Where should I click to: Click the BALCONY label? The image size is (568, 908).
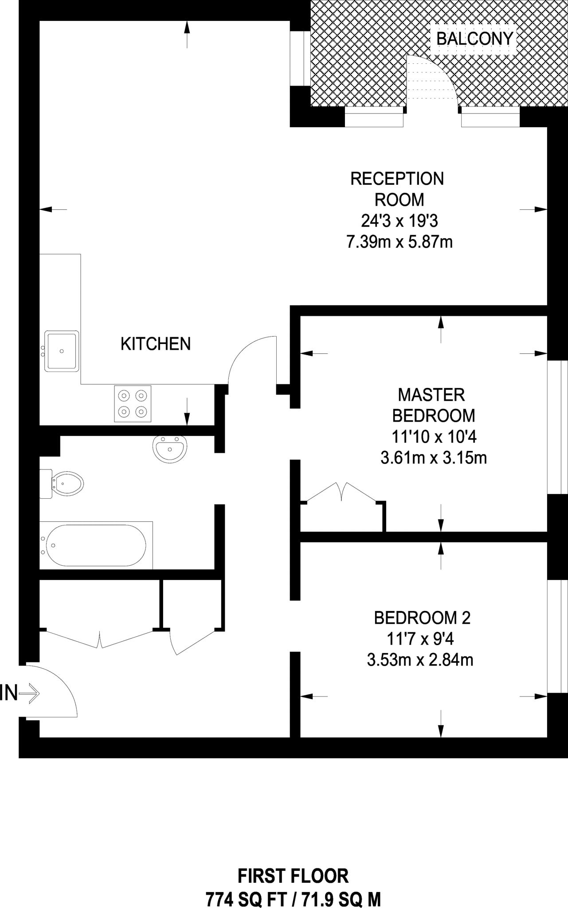[x=475, y=39]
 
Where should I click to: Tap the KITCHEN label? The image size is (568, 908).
[x=156, y=344]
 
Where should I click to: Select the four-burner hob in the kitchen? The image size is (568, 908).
[x=133, y=403]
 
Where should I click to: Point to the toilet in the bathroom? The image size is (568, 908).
[x=62, y=484]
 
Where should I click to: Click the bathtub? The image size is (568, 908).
[x=96, y=545]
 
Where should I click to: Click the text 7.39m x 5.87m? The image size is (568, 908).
[x=400, y=242]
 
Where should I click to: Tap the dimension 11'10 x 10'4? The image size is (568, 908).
[x=434, y=437]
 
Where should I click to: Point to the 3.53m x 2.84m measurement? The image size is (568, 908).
[x=420, y=660]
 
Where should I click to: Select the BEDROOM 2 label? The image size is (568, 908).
[x=423, y=618]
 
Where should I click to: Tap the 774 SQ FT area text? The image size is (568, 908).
[x=249, y=900]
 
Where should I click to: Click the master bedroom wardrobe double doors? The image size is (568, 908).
[x=342, y=492]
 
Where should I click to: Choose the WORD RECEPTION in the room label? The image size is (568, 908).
[x=397, y=179]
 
